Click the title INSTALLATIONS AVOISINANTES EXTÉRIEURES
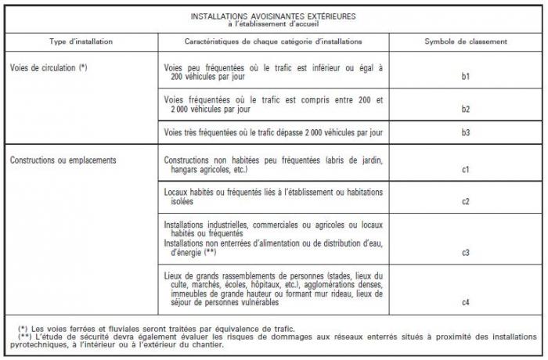click(x=273, y=16)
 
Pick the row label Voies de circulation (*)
click(x=49, y=68)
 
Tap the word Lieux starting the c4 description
click(x=175, y=275)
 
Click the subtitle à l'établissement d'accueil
click(x=273, y=23)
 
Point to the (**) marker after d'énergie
click(x=210, y=253)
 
